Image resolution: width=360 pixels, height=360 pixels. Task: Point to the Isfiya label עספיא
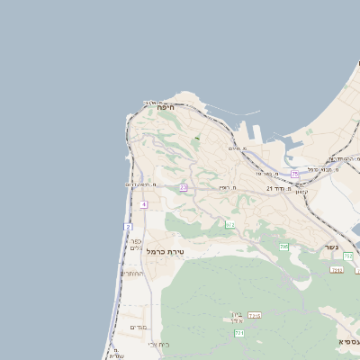coord(347,342)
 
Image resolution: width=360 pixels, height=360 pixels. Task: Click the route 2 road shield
coord(128,226)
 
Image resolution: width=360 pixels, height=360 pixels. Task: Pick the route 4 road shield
coord(144,204)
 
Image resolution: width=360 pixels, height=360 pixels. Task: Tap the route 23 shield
coord(184,187)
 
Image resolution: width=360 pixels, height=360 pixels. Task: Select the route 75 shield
coord(295,174)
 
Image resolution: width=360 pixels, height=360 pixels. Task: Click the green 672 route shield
coord(229,224)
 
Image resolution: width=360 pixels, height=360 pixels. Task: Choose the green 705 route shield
coord(283,247)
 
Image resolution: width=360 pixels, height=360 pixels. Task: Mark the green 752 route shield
coord(347,256)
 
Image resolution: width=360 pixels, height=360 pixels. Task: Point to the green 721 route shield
coord(239,333)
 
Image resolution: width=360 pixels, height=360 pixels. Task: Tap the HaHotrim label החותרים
coord(132,273)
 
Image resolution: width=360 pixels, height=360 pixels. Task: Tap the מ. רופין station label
coord(226,187)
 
